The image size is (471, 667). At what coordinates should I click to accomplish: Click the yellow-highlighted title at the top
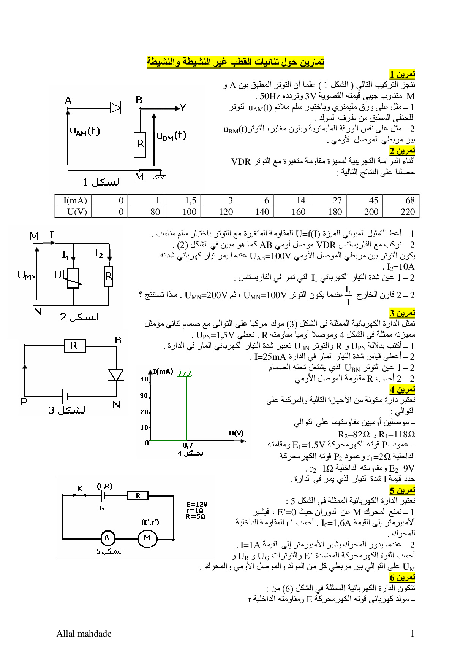tap(235, 62)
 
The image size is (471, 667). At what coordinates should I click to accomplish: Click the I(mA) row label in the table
tap(75, 200)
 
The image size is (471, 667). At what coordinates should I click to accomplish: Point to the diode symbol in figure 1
tap(115, 108)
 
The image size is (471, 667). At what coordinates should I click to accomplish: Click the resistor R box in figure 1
tap(140, 144)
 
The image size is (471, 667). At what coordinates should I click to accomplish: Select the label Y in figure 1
tap(183, 108)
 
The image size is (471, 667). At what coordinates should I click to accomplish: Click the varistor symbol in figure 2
tap(73, 278)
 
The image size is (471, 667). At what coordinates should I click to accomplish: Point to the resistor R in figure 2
tap(109, 276)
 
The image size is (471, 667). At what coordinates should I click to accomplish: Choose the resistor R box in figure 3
tap(74, 346)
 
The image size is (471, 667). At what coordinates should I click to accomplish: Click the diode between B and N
tap(116, 375)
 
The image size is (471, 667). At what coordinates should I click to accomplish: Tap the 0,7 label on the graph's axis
tap(188, 445)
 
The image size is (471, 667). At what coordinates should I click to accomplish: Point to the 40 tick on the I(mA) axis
tap(144, 379)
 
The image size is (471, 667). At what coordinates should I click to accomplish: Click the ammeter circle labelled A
tap(107, 538)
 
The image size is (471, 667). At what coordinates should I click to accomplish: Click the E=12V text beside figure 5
tap(197, 504)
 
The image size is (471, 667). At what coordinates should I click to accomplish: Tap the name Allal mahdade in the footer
tap(84, 634)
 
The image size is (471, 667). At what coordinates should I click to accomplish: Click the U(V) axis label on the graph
tap(236, 433)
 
